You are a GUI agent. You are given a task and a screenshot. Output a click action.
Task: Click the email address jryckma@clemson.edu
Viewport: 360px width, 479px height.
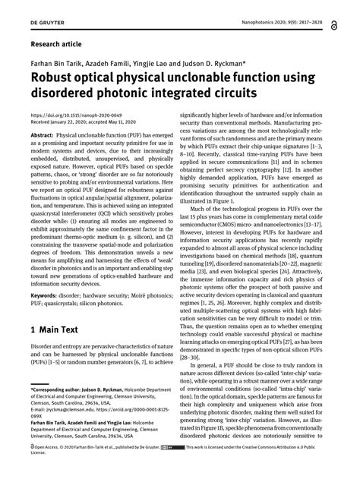click(x=69, y=408)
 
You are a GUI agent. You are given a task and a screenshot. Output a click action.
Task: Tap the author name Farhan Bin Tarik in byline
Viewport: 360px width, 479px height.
click(x=55, y=62)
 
